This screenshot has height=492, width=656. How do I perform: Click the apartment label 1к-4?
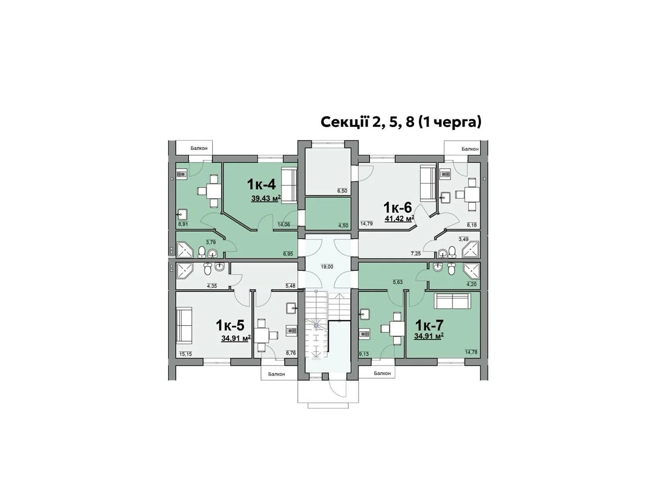pos(261,184)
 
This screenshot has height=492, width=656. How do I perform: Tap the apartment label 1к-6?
pos(397,206)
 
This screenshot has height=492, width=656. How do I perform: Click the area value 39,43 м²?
pos(266,198)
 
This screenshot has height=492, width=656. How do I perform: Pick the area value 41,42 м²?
pos(399,219)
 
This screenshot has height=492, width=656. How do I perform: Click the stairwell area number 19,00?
pos(327,267)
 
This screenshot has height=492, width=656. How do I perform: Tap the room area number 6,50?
pos(342,191)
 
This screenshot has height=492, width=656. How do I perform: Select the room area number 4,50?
pos(343,225)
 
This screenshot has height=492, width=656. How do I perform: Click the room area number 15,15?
pos(185,354)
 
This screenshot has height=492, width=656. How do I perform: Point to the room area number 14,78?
pos(471,352)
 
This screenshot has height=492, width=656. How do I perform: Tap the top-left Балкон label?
pos(199,148)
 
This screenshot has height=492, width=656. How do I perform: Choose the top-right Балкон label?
pos(470,149)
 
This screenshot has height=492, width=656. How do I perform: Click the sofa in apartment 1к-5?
pos(184,327)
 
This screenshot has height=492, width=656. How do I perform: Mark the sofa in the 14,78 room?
pos(452,301)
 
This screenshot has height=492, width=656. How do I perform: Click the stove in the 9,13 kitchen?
pos(364,333)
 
